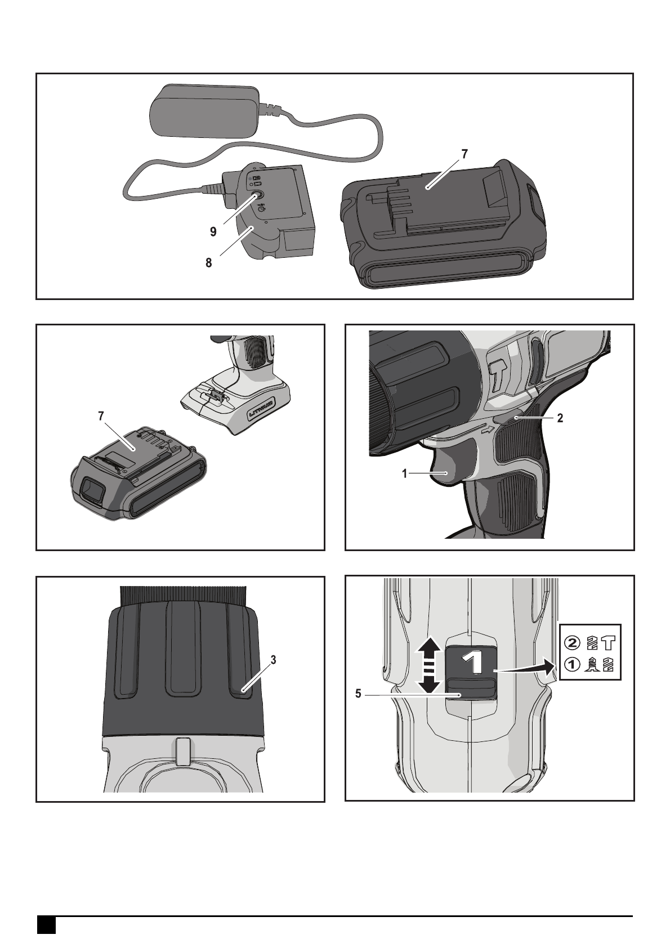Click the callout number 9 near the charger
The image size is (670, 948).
click(x=213, y=232)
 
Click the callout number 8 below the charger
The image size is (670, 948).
click(x=209, y=263)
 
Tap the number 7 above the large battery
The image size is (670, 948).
click(x=464, y=154)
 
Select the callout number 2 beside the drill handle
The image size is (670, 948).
click(x=560, y=418)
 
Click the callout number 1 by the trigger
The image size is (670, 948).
click(x=405, y=473)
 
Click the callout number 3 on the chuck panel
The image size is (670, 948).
click(x=274, y=659)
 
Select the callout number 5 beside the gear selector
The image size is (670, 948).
click(x=358, y=706)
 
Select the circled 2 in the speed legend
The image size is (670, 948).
click(x=572, y=643)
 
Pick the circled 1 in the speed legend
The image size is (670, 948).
click(x=572, y=664)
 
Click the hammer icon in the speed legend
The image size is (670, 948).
click(x=609, y=643)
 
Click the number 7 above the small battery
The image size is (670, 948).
click(x=101, y=416)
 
